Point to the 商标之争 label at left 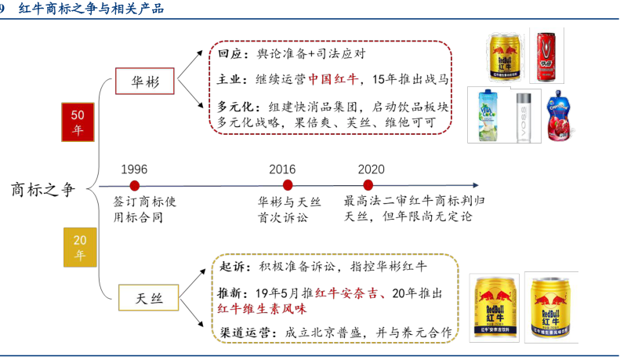point(45,189)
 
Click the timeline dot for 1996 point(134,186)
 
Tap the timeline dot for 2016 point(288,186)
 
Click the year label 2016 point(282,169)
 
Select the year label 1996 point(134,169)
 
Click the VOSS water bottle point(524,117)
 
